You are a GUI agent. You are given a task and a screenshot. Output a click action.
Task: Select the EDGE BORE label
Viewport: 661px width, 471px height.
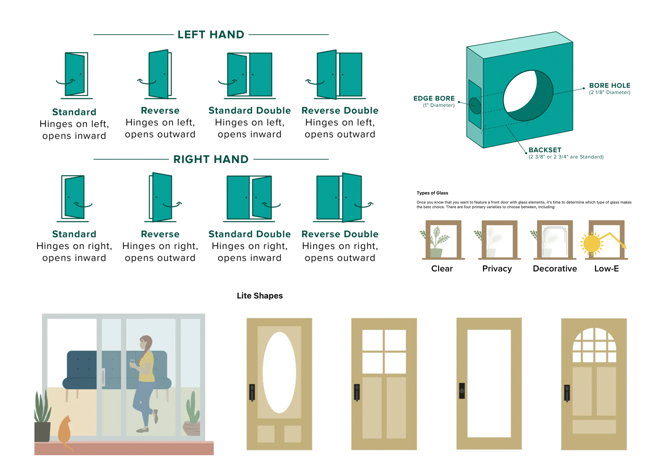tap(434, 98)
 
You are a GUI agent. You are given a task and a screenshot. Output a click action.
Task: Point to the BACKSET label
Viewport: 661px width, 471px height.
tap(545, 150)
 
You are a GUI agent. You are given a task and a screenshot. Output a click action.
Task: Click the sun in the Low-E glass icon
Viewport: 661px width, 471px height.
tap(592, 244)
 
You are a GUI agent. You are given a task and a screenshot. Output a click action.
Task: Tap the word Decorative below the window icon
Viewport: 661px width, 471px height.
tap(555, 269)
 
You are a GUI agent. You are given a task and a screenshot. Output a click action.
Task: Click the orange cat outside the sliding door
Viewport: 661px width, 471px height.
tap(65, 432)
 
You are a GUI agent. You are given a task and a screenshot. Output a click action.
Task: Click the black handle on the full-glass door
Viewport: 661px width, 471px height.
tap(462, 390)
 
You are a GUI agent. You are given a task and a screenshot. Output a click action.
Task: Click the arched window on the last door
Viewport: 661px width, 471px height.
tap(594, 345)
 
